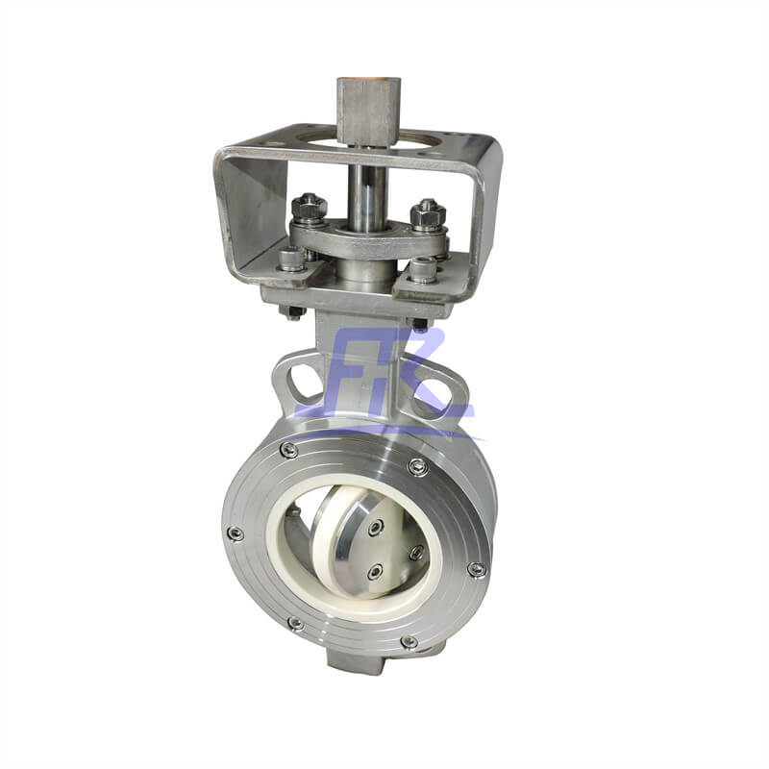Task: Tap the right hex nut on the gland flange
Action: coord(426,214)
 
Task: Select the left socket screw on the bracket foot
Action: coord(291,258)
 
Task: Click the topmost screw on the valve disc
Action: coord(376,526)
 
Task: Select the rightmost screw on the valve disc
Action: coord(416,553)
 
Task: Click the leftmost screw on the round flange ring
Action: coord(234,533)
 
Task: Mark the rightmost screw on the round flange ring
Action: coord(476,569)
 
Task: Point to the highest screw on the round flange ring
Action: coord(288,449)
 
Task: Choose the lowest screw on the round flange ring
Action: coord(408,641)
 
